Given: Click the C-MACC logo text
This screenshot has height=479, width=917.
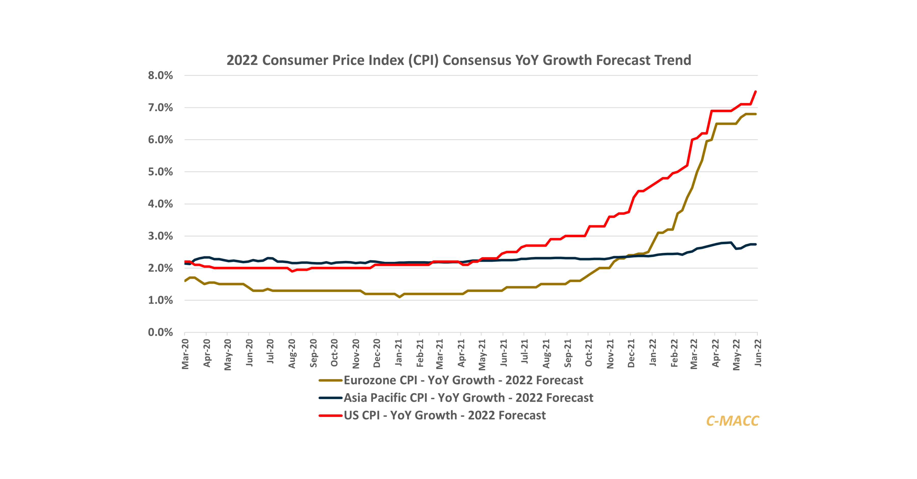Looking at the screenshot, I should (732, 421).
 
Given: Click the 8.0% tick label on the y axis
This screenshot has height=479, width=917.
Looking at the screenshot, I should (160, 75).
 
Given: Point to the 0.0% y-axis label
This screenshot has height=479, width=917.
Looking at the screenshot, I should (160, 332).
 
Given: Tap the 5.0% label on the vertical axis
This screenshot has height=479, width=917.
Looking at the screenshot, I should (160, 172).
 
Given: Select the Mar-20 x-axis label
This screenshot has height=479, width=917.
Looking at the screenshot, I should (185, 354).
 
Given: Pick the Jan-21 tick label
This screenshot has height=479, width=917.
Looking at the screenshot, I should (399, 353).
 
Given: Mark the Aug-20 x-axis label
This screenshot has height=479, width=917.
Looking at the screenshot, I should (292, 354).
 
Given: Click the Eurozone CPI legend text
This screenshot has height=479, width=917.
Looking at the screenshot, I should (463, 380).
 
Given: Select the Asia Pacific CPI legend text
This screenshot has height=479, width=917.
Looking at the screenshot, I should (468, 398).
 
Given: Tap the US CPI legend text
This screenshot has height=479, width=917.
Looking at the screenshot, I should (444, 415).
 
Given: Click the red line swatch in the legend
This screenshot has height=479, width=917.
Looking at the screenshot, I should (330, 415).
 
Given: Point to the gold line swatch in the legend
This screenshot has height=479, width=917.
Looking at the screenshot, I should (330, 380).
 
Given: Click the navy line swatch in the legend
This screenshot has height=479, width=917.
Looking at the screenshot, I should (330, 398).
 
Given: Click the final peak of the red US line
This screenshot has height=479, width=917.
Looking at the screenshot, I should (756, 92).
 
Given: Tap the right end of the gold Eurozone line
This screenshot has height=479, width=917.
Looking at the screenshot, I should (756, 114).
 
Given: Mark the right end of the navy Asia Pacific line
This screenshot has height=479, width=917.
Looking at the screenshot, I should (756, 244).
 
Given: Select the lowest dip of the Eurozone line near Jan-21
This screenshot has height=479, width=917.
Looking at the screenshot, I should (400, 297).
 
